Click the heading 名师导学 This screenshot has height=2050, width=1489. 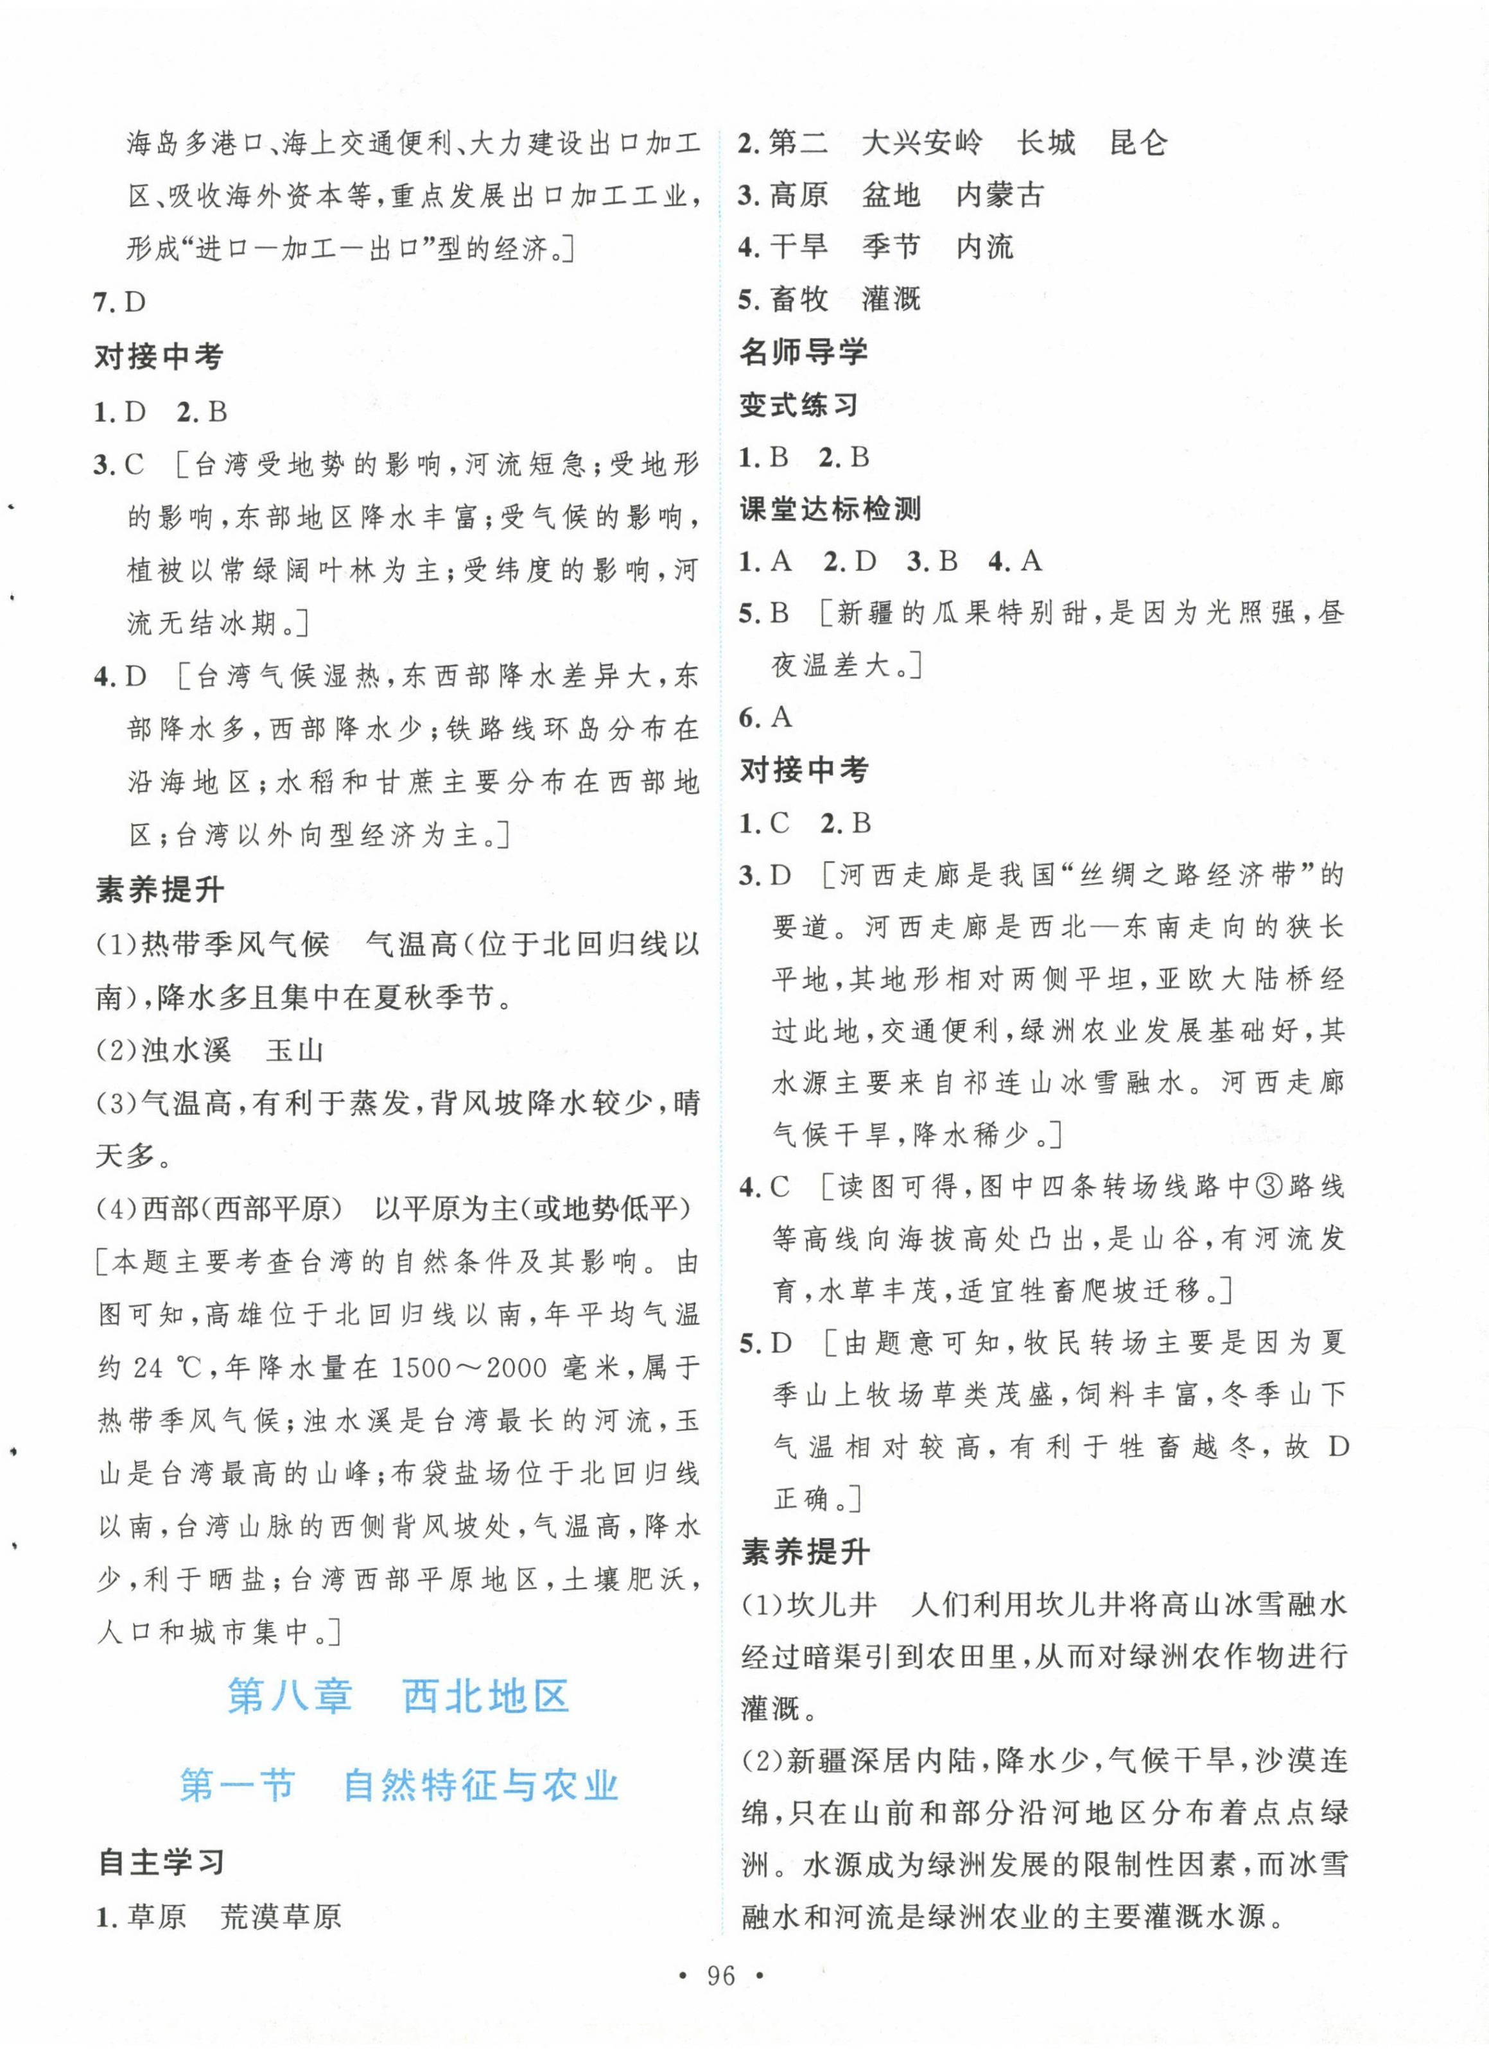click(x=803, y=352)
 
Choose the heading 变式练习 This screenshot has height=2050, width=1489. click(x=798, y=404)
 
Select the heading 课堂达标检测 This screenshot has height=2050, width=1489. click(x=830, y=509)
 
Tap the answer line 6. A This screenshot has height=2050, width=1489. click(x=765, y=718)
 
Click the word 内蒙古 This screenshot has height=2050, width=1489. click(x=999, y=195)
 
